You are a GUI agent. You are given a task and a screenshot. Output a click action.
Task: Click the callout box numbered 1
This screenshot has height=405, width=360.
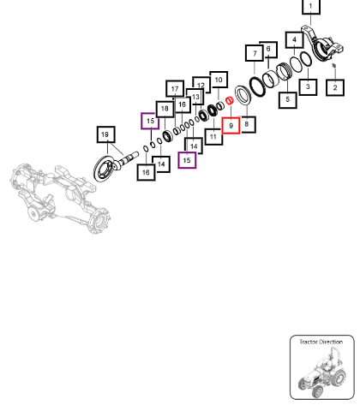311,6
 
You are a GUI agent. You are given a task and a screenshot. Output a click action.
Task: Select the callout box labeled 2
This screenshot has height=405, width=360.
335,87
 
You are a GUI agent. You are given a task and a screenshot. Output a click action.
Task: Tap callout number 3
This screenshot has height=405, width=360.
308,86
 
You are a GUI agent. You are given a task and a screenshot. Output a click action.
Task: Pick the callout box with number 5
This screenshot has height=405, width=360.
287,99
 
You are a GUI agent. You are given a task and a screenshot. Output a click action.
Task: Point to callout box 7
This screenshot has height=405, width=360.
255,53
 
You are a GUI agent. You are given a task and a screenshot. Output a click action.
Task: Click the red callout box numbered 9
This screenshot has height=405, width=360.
231,125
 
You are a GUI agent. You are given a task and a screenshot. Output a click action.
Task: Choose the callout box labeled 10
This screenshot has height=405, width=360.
219,80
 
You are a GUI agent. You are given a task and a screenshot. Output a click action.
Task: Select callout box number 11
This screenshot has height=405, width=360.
213,137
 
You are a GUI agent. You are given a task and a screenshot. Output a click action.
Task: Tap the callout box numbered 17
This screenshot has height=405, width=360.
175,89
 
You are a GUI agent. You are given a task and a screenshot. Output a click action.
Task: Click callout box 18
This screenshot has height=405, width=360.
165,109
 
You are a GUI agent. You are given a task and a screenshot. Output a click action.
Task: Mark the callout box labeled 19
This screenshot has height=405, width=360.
105,134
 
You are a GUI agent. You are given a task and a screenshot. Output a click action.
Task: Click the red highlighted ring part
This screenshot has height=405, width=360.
230,101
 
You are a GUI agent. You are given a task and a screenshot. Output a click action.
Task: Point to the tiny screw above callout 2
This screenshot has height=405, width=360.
333,66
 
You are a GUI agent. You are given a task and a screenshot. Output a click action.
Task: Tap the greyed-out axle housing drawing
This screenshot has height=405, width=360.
60,197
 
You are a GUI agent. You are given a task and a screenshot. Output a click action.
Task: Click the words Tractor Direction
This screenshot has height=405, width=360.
321,342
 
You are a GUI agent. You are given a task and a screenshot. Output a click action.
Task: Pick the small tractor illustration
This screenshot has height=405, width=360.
321,372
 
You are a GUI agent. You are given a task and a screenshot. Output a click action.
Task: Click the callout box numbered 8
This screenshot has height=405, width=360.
247,124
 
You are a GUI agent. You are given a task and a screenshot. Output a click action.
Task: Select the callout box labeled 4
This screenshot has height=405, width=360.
294,40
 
